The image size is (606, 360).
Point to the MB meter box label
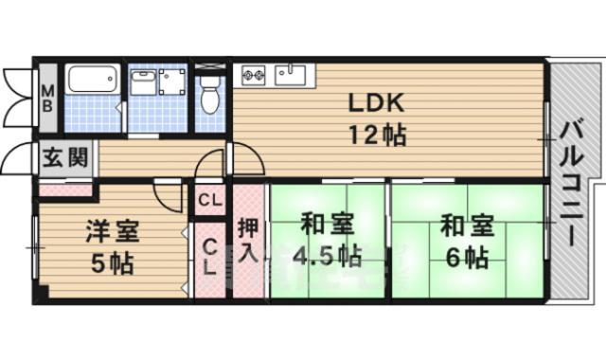point(46,98)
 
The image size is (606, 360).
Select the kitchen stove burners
point(254,74)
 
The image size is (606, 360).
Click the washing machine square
point(172,81)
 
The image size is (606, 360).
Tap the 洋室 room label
point(114,230)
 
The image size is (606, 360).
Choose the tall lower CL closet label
point(209,257)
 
